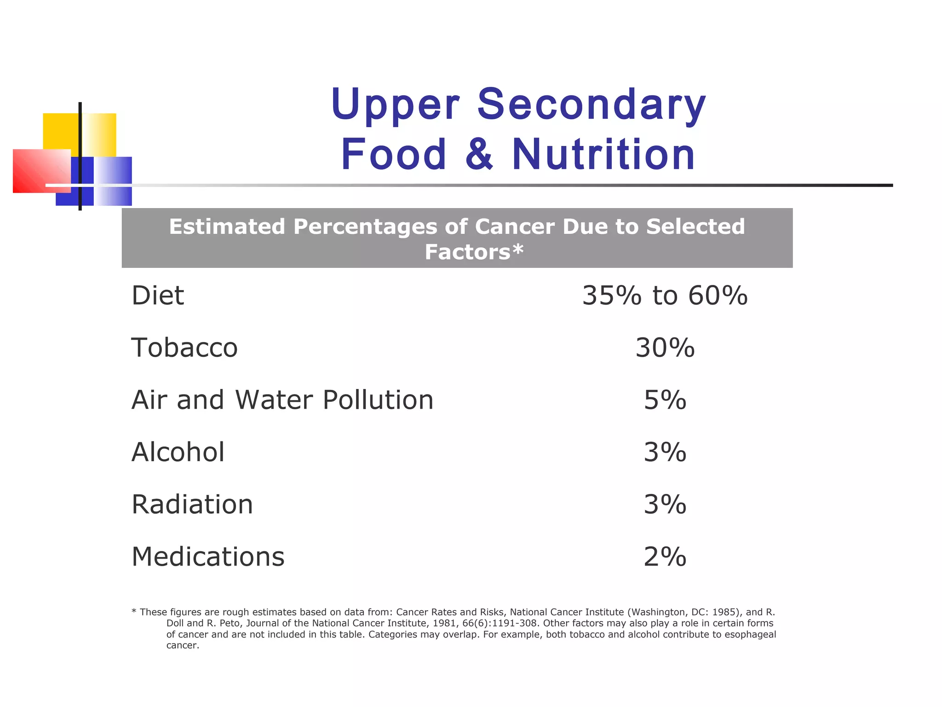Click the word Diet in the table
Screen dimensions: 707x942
[158, 296]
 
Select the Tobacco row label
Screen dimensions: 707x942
[184, 348]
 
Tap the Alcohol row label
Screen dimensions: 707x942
[178, 452]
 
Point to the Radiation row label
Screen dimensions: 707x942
[192, 504]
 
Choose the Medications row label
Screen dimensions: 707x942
[208, 557]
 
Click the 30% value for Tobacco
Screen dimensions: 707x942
[665, 348]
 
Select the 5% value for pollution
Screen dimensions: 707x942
[665, 400]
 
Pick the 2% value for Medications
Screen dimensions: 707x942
[665, 557]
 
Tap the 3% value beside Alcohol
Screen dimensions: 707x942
[665, 452]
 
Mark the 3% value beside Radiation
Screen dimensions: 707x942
[665, 504]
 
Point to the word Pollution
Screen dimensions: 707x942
[378, 400]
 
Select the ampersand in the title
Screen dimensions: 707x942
[479, 154]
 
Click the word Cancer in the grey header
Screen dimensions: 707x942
[514, 226]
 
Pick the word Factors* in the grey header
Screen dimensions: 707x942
[474, 252]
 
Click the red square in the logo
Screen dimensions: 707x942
[37, 171]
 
